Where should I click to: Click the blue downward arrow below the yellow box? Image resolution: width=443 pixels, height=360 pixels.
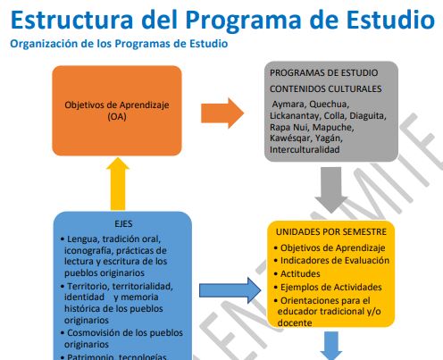pos(330,347)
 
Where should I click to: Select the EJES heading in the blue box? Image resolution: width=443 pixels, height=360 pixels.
pos(122,225)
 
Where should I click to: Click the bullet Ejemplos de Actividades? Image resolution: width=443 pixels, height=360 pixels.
pos(330,287)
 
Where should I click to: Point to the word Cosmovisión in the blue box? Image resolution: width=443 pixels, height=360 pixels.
pos(96,331)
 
